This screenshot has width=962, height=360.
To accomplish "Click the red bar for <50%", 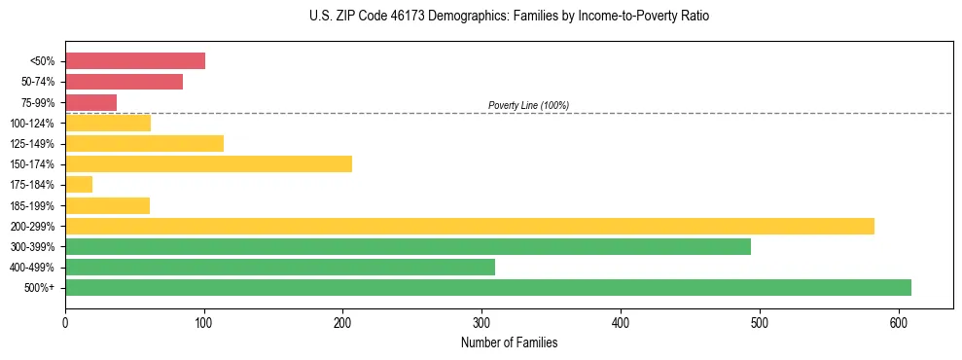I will click(x=135, y=61).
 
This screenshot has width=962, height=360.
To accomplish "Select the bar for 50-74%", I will click(x=124, y=82).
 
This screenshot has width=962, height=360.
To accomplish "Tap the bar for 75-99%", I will click(x=90, y=102).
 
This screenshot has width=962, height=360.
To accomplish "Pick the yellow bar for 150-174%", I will click(x=208, y=163).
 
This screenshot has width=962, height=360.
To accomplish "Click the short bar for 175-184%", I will click(x=79, y=184).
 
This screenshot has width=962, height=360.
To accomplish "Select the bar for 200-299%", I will click(x=470, y=226).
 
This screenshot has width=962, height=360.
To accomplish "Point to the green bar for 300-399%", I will click(x=408, y=246).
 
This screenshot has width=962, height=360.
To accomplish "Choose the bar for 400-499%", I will click(x=280, y=267).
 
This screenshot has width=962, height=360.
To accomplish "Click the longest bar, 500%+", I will click(x=488, y=287).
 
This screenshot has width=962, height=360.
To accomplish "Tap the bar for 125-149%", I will click(x=144, y=143).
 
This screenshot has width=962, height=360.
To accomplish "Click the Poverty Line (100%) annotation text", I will click(x=528, y=105).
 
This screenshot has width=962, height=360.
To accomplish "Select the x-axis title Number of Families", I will click(x=509, y=342).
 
